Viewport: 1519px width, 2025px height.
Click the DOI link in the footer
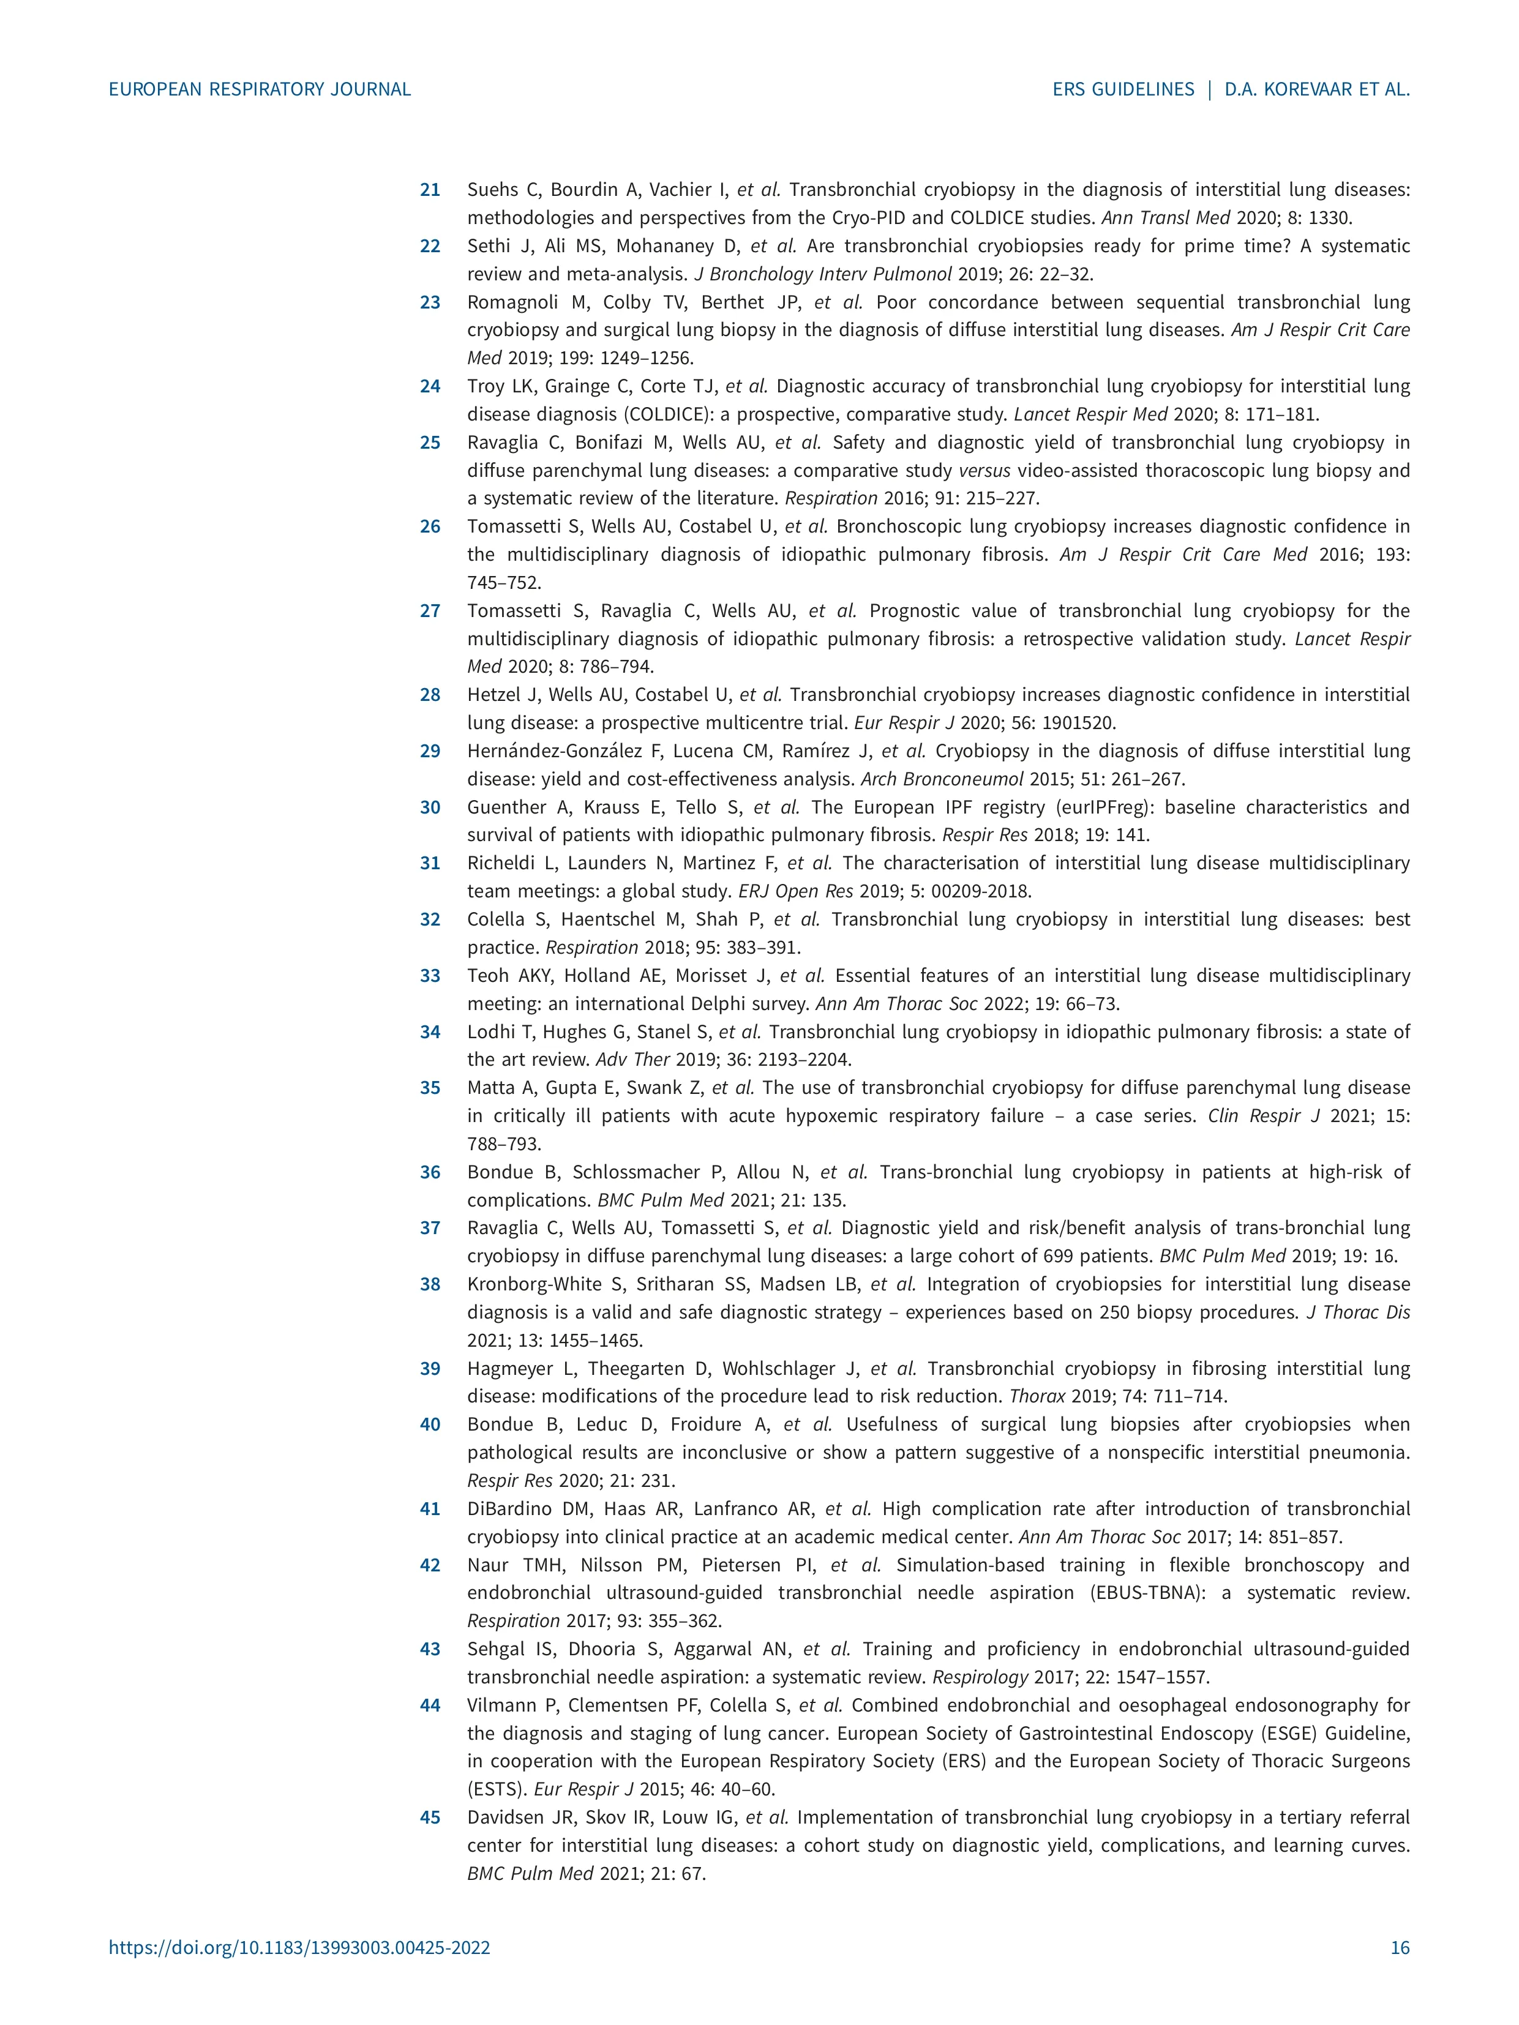tap(299, 1947)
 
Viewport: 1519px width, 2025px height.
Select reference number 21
tap(429, 190)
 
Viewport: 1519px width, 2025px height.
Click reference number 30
tap(429, 807)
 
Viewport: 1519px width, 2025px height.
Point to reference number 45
tap(429, 1817)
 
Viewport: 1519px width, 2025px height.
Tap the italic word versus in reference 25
tap(985, 471)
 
